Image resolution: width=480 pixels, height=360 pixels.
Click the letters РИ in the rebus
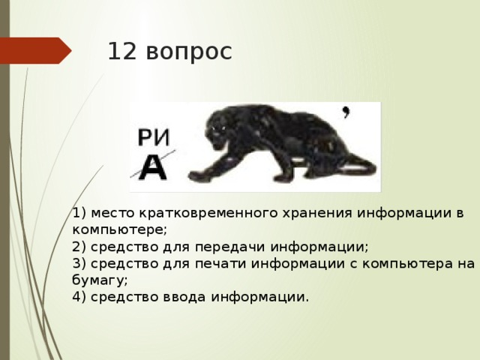pos(154,137)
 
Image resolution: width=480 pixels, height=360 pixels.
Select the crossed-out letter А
pos(153,167)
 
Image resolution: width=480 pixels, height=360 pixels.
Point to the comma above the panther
pos(346,113)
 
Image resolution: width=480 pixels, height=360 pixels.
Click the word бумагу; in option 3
pos(101,280)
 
